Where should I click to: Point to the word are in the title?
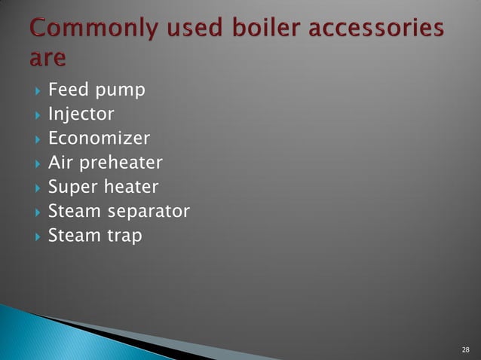pos(47,58)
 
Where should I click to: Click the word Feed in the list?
pos(66,90)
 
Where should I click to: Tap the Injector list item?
pos(81,115)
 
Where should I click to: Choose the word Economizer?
pos(99,139)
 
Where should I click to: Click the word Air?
pos(60,163)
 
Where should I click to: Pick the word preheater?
pos(121,163)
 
